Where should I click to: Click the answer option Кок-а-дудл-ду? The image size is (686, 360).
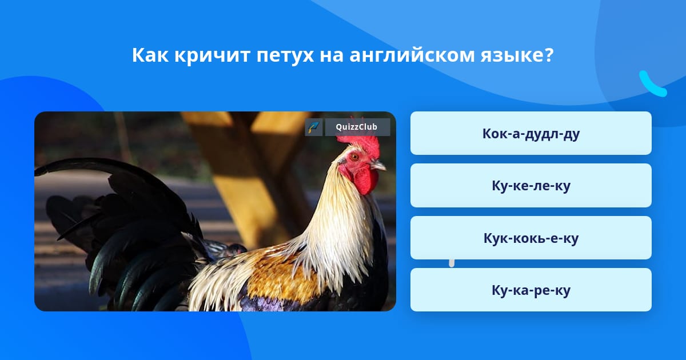[x=531, y=133]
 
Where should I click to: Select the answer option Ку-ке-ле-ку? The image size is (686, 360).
[x=531, y=186]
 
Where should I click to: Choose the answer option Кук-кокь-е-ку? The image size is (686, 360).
[x=531, y=238]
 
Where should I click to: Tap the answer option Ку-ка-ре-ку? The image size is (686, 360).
[x=531, y=290]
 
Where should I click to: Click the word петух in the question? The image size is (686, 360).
[x=285, y=56]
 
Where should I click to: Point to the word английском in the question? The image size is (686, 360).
[x=412, y=55]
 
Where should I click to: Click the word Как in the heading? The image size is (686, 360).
[x=150, y=55]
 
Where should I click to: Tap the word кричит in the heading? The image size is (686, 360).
[x=212, y=56]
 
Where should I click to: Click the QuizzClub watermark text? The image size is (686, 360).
[x=357, y=127]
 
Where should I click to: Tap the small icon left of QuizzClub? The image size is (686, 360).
[x=314, y=127]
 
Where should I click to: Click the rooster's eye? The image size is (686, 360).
[x=354, y=157]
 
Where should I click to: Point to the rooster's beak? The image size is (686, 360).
[x=378, y=165]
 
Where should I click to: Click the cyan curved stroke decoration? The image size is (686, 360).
[x=652, y=84]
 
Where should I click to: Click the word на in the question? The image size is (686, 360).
[x=332, y=57]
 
